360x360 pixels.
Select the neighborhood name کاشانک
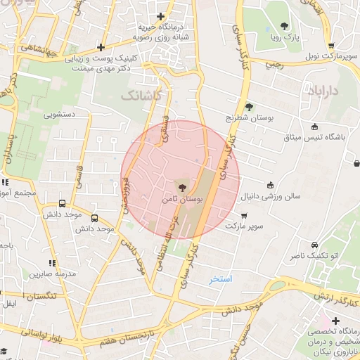142,94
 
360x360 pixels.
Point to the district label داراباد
323,91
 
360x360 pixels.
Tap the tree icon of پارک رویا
284,25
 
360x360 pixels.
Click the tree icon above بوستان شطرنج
249,107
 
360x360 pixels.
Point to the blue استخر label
221,279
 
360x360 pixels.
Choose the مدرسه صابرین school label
51,273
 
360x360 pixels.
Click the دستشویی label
61,114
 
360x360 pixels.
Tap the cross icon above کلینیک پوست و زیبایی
101,47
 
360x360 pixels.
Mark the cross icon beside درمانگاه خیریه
161,16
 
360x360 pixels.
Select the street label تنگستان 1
41,297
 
